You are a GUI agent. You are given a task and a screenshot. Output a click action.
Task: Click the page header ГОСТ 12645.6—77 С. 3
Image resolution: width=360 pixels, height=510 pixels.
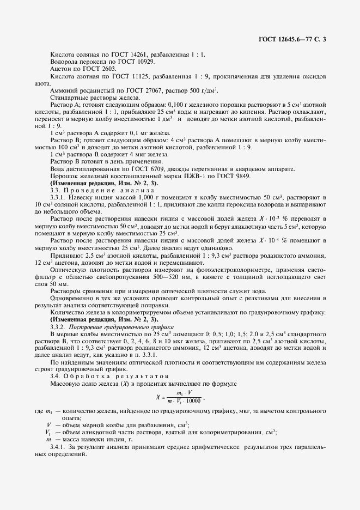pyautogui.click(x=294, y=39)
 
